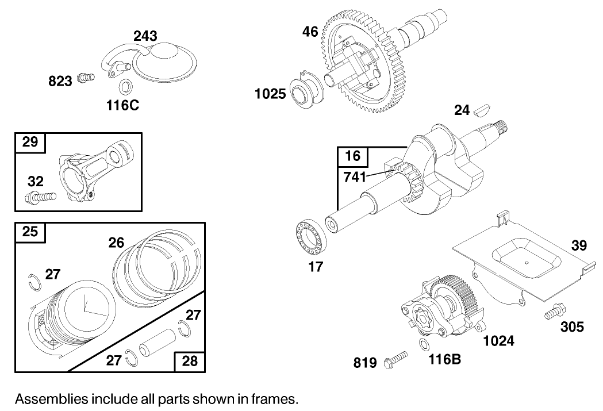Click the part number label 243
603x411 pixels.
(x=145, y=36)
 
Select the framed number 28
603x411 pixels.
(x=190, y=360)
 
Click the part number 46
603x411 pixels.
(x=310, y=32)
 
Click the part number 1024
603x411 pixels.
(x=498, y=341)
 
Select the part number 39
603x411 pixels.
(x=579, y=246)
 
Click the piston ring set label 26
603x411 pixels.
(x=116, y=243)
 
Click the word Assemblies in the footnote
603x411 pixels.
(x=50, y=398)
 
